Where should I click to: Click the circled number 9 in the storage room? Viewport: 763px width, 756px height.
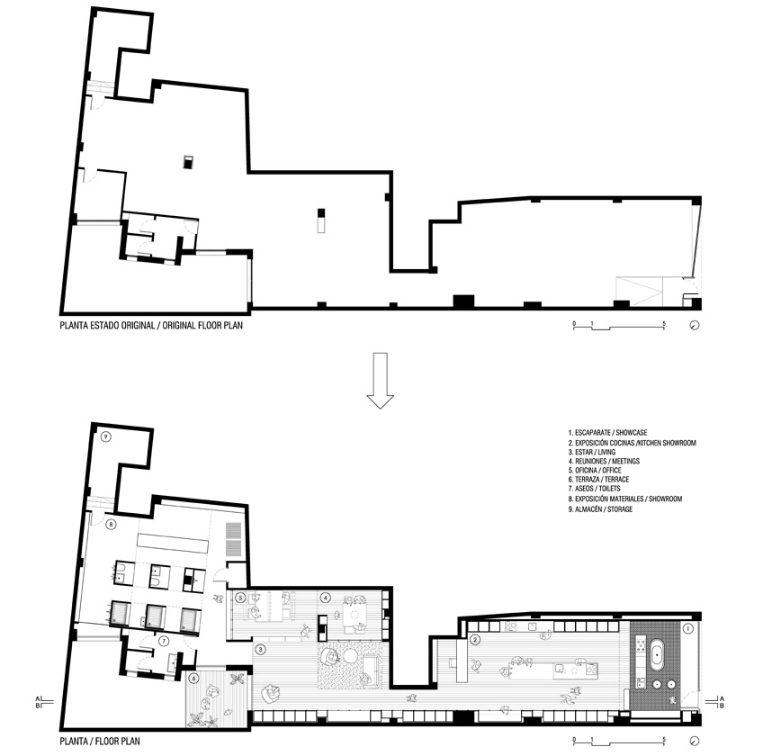coord(106,436)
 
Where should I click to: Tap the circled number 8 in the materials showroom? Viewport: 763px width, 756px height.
coord(112,525)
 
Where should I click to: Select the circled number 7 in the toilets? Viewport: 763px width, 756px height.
coord(164,642)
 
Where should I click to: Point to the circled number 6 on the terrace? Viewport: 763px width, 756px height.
coord(193,678)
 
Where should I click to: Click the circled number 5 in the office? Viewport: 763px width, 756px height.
coord(239,598)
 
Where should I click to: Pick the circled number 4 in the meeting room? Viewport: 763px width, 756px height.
coord(325,598)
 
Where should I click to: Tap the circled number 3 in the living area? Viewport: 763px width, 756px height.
coord(260,650)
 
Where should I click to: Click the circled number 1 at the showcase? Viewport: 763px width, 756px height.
coord(688,628)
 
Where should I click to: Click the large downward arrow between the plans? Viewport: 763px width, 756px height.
coord(380,381)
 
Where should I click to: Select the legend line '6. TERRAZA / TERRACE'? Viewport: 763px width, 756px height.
coord(598,480)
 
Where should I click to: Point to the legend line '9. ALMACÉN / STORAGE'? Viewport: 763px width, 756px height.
coord(600,509)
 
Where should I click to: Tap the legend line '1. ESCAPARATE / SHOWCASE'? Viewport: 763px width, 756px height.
coord(607,432)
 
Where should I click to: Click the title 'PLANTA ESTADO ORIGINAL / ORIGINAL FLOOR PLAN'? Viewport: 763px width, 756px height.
coord(151,325)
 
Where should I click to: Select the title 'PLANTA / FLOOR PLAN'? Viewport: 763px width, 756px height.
coord(100,742)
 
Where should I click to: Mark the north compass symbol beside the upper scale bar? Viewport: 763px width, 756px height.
coord(695,325)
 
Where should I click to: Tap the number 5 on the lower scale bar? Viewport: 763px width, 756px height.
coord(664,740)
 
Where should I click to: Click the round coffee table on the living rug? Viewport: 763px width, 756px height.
coord(350,656)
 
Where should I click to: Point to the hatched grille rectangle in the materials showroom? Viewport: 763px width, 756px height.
coord(234,540)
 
